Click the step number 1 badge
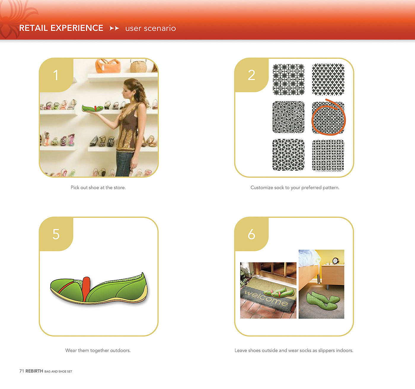56,75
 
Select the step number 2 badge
251,75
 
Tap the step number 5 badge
56,234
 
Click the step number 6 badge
251,234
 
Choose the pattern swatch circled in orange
328,118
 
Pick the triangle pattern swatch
328,79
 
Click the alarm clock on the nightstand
335,261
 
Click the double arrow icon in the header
114,28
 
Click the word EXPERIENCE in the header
77,28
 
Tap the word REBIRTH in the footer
34,371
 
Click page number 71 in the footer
22,371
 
